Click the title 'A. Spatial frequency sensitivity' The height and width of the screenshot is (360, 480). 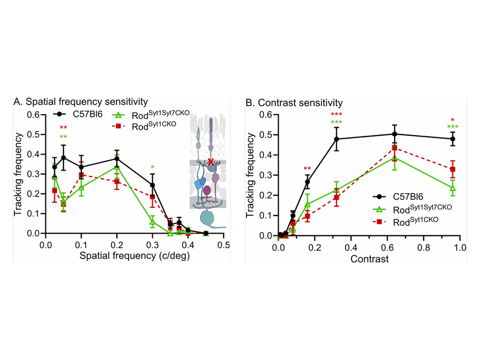point(80,102)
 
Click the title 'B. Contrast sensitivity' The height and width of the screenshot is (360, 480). point(294,103)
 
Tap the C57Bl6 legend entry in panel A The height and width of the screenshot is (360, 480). point(78,114)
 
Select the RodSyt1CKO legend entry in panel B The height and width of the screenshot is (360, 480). point(406,222)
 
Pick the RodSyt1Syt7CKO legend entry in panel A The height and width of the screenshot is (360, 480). point(151,115)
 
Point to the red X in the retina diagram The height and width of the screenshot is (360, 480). point(211,162)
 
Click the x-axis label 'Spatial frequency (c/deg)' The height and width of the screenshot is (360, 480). point(135,256)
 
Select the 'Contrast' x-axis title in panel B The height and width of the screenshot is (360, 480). point(370,259)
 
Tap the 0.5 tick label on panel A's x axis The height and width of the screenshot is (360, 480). point(224,245)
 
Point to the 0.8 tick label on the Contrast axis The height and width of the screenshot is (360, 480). point(423,248)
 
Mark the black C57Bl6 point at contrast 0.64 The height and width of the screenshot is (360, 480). point(394,134)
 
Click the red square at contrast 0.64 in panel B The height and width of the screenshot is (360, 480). point(394,148)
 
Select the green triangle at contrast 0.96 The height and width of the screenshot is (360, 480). point(453,188)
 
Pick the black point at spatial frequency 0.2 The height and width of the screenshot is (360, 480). point(117,158)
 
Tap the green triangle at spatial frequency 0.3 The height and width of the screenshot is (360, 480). point(152,222)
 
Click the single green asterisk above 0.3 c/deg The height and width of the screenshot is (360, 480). point(152,167)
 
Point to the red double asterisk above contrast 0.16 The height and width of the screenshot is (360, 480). point(307,169)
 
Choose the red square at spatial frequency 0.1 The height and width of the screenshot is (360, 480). point(81,175)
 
